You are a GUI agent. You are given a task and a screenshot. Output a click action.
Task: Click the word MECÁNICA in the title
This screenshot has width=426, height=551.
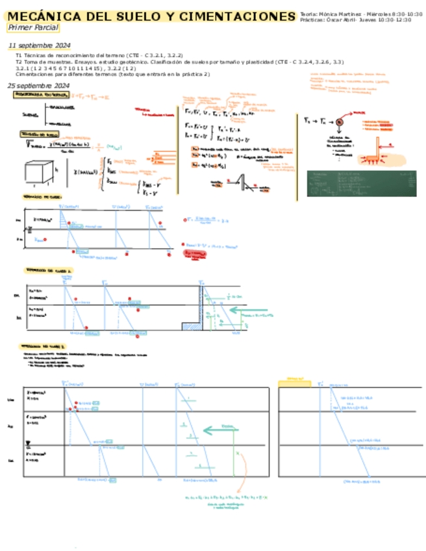tap(38, 16)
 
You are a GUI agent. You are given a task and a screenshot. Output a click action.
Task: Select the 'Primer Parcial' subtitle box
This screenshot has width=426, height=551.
tap(32, 28)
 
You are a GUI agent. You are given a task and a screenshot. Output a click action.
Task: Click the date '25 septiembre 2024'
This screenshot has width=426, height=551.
tap(38, 86)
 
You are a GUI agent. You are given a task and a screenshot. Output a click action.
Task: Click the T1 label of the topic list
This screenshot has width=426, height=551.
tap(19, 56)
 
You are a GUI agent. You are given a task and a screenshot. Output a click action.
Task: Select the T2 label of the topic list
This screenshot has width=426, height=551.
tap(19, 62)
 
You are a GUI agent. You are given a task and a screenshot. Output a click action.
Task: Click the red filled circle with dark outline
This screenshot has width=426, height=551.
tap(338, 122)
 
